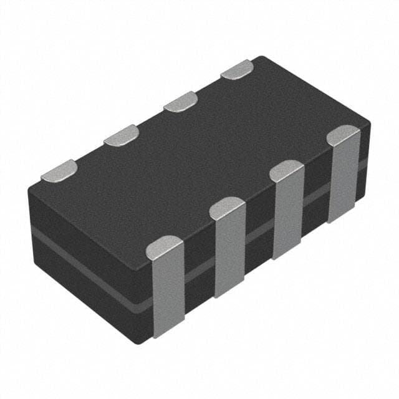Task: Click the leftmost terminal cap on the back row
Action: click(x=59, y=170)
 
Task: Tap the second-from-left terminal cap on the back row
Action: click(x=121, y=135)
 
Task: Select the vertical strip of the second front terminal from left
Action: click(x=229, y=256)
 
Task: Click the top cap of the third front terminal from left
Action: click(x=287, y=170)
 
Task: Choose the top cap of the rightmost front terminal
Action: click(x=344, y=135)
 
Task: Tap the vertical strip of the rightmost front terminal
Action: click(x=344, y=181)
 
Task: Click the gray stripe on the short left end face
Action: click(x=87, y=269)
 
